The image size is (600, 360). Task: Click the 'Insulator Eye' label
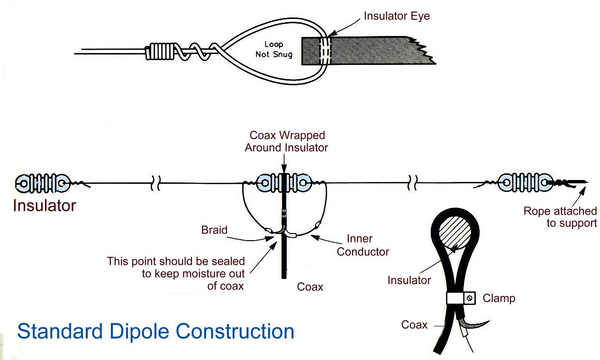coord(397,16)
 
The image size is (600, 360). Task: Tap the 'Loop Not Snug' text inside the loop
coord(273,49)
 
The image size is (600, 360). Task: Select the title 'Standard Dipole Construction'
coord(155,331)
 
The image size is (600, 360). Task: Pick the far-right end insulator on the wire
coord(525,182)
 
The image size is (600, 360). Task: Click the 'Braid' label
coord(214,230)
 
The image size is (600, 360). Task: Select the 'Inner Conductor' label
coord(363,245)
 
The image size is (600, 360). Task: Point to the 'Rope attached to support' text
coord(560,217)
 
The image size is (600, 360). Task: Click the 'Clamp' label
coord(499,298)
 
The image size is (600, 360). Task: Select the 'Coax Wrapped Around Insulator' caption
coord(286,141)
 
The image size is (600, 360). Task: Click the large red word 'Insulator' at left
coord(44,206)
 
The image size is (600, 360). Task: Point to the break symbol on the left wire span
coord(155,183)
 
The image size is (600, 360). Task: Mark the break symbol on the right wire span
coord(411,183)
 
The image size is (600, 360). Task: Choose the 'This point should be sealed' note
coord(176,274)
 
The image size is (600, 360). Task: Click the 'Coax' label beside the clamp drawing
coord(414,324)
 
